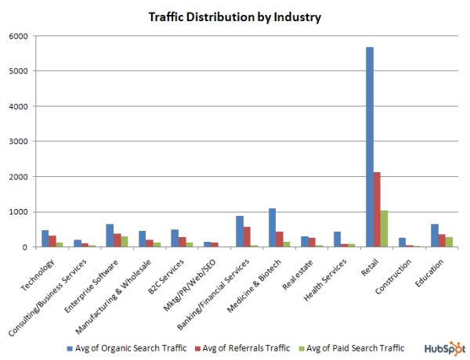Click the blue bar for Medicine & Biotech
tap(273, 228)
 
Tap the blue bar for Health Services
tap(337, 239)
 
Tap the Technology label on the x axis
tap(35, 269)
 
